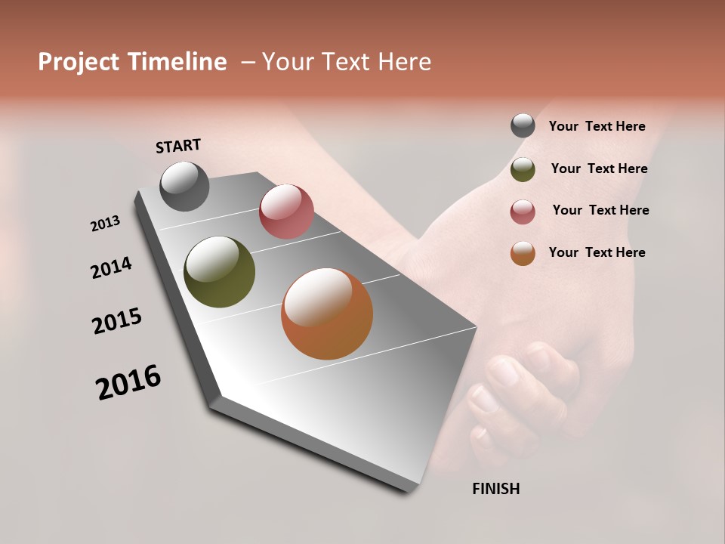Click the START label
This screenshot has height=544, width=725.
(178, 146)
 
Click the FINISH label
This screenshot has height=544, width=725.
(495, 489)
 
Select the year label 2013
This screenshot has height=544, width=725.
(105, 224)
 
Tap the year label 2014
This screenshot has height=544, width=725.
(111, 268)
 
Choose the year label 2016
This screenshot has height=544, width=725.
(128, 382)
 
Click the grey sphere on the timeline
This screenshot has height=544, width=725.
(184, 186)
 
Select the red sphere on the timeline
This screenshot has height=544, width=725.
(286, 212)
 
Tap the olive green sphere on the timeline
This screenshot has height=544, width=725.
(219, 272)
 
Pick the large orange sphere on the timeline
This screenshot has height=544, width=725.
(327, 314)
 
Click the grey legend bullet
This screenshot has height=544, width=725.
(523, 126)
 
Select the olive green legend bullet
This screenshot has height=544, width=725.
(523, 168)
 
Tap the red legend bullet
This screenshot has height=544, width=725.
(523, 211)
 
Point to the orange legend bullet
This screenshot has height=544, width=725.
(523, 253)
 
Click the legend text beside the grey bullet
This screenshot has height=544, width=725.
(597, 126)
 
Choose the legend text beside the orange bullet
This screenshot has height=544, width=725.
(597, 252)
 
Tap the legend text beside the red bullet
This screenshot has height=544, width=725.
(600, 210)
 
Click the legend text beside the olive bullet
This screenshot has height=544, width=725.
(599, 168)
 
